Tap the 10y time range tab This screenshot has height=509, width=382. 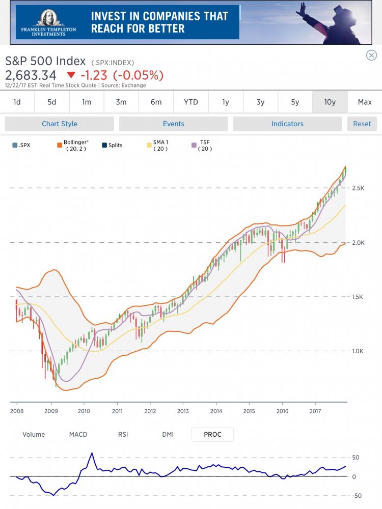(330, 102)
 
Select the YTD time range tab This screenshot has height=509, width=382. (191, 102)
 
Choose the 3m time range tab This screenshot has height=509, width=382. (121, 102)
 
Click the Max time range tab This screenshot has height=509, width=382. (365, 102)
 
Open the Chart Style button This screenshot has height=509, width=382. (60, 124)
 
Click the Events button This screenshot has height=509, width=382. (174, 124)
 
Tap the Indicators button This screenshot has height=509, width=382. (287, 124)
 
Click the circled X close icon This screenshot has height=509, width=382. (371, 55)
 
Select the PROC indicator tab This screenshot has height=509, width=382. (212, 434)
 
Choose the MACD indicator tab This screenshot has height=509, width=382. (78, 434)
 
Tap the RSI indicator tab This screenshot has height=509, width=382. (123, 434)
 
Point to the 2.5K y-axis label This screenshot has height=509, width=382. (359, 188)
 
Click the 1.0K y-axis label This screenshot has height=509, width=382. (359, 351)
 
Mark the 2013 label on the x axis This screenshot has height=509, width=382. (183, 411)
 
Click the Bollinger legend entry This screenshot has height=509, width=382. (75, 145)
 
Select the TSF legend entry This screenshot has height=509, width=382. (205, 145)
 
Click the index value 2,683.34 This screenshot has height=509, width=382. (31, 75)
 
